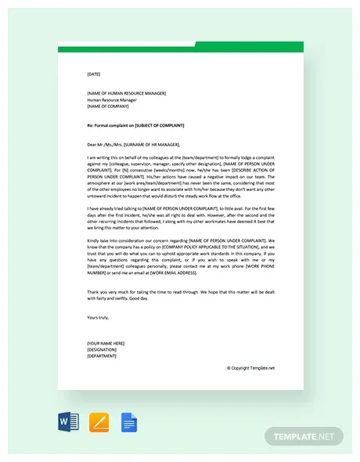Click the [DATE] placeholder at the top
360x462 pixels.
click(x=94, y=74)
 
